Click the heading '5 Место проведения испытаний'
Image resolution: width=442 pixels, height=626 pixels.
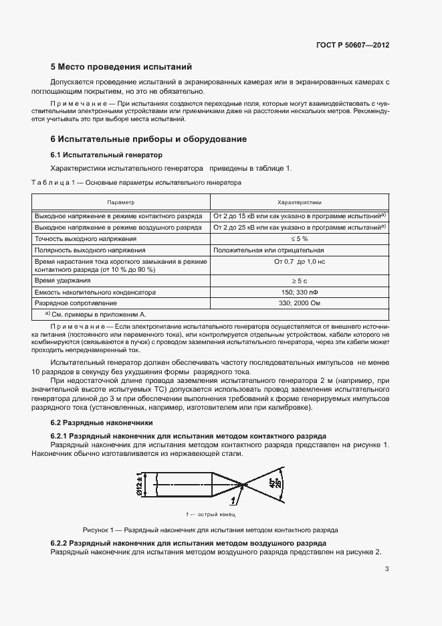tap(121, 67)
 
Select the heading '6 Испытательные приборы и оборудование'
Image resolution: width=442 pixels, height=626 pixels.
tap(149, 139)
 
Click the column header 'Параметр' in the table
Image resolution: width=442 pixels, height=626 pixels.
tap(121, 202)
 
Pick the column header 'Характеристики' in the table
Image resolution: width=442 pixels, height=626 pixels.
tap(299, 202)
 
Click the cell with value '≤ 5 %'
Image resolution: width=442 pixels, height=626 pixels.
tap(299, 238)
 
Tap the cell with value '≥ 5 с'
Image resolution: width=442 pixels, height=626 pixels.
tap(299, 281)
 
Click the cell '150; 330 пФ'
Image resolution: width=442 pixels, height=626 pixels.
tap(299, 292)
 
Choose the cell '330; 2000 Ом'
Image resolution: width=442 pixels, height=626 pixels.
tap(299, 303)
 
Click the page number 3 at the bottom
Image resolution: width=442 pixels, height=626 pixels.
tap(386, 569)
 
